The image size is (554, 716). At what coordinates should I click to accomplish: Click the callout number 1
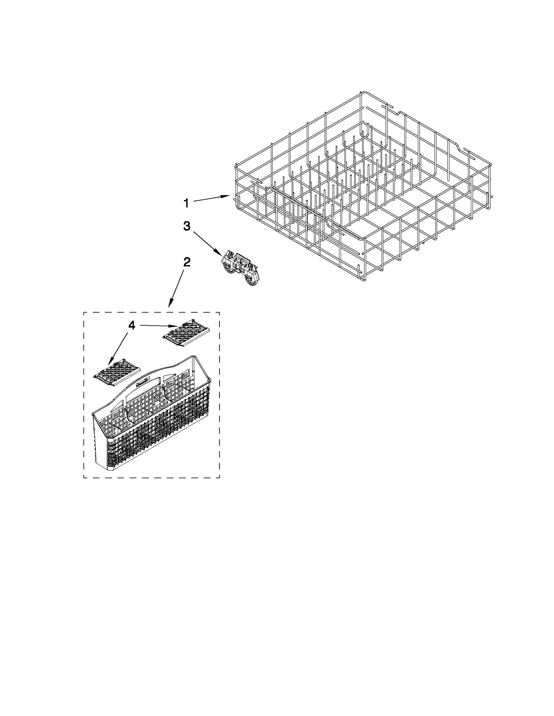click(186, 203)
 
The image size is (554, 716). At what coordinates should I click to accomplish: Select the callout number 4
click(132, 325)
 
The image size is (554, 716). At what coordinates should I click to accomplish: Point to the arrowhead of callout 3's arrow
click(219, 253)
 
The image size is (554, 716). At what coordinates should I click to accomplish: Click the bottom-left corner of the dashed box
click(84, 478)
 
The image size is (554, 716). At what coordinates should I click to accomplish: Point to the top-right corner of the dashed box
click(219, 312)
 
